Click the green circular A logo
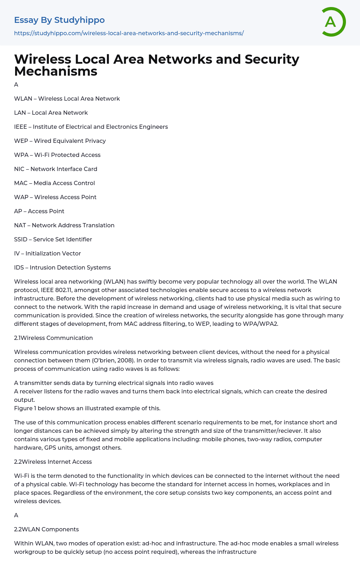tap(333, 22)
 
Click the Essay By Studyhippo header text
tap(59, 20)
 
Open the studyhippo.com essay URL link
tap(129, 33)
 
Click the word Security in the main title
tap(272, 59)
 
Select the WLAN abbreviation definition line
tap(67, 99)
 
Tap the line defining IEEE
tap(91, 127)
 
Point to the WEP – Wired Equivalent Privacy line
tap(60, 141)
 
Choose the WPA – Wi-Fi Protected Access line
tap(57, 155)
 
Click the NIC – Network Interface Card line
tap(56, 169)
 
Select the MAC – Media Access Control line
tap(54, 183)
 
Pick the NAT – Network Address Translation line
tap(64, 225)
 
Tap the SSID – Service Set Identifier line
tap(53, 239)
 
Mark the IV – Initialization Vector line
tap(47, 253)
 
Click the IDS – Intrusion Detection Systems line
tap(62, 267)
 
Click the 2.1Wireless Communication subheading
tap(53, 338)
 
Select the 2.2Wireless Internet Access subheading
tap(53, 462)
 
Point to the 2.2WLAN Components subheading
tap(46, 529)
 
